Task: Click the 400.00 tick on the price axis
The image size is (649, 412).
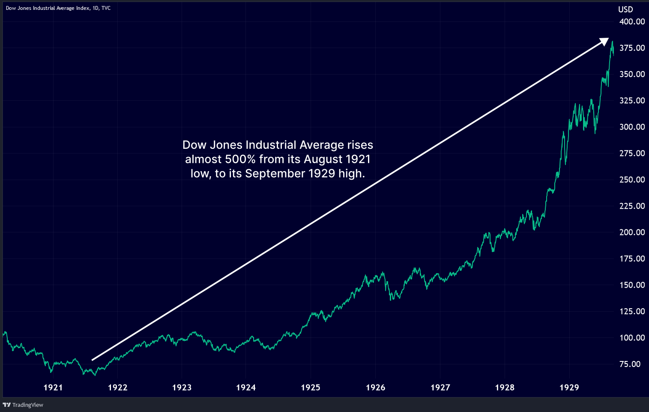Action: pyautogui.click(x=632, y=21)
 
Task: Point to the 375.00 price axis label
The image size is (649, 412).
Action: pyautogui.click(x=632, y=48)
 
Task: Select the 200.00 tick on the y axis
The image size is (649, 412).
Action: pyautogui.click(x=632, y=232)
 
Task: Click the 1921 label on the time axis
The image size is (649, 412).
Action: pyautogui.click(x=53, y=388)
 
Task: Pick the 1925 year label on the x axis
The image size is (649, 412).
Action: pyautogui.click(x=311, y=388)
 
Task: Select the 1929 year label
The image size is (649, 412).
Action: pyautogui.click(x=569, y=388)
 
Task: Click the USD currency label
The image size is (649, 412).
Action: pyautogui.click(x=625, y=9)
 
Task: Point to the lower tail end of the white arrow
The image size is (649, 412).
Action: pyautogui.click(x=93, y=360)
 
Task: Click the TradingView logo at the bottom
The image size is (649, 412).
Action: pyautogui.click(x=23, y=405)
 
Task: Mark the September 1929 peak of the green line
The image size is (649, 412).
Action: pyautogui.click(x=612, y=42)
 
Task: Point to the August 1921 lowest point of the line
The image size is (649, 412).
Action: pyautogui.click(x=95, y=375)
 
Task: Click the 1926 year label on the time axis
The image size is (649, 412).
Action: pyautogui.click(x=375, y=388)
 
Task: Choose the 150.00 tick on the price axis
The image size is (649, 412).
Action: pyautogui.click(x=632, y=285)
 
